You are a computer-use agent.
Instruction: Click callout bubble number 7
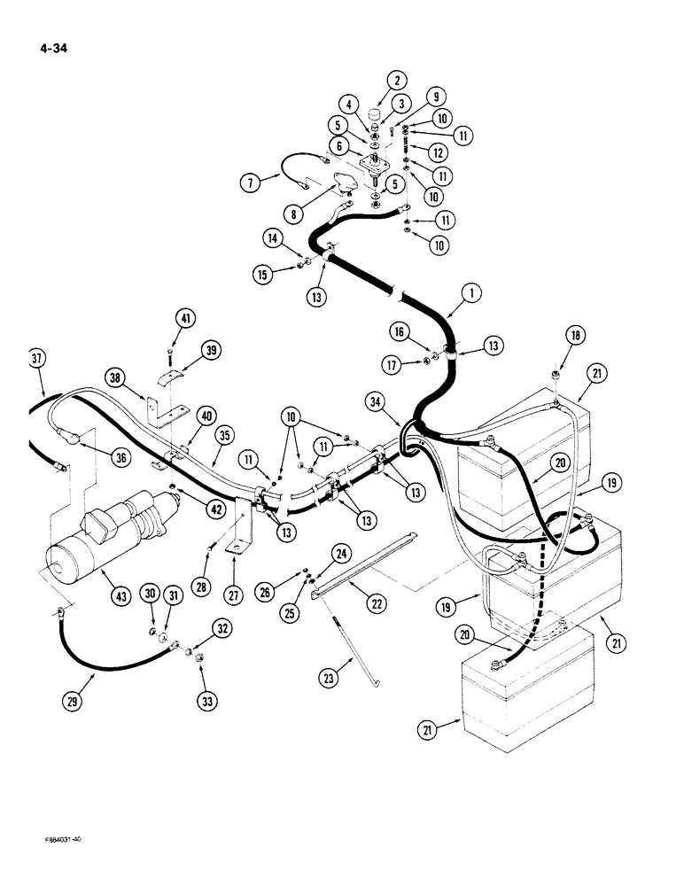click(x=251, y=184)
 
